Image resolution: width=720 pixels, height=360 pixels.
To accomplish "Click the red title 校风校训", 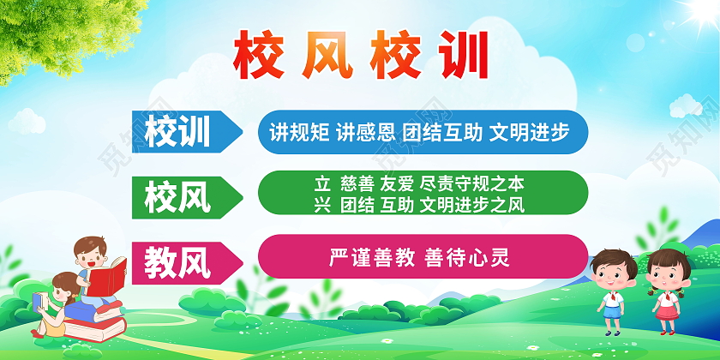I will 360,56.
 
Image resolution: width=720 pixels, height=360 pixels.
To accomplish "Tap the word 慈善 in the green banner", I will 357,183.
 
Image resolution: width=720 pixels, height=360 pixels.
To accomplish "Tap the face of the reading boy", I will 87,255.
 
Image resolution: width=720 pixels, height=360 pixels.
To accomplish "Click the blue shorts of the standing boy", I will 610,314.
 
